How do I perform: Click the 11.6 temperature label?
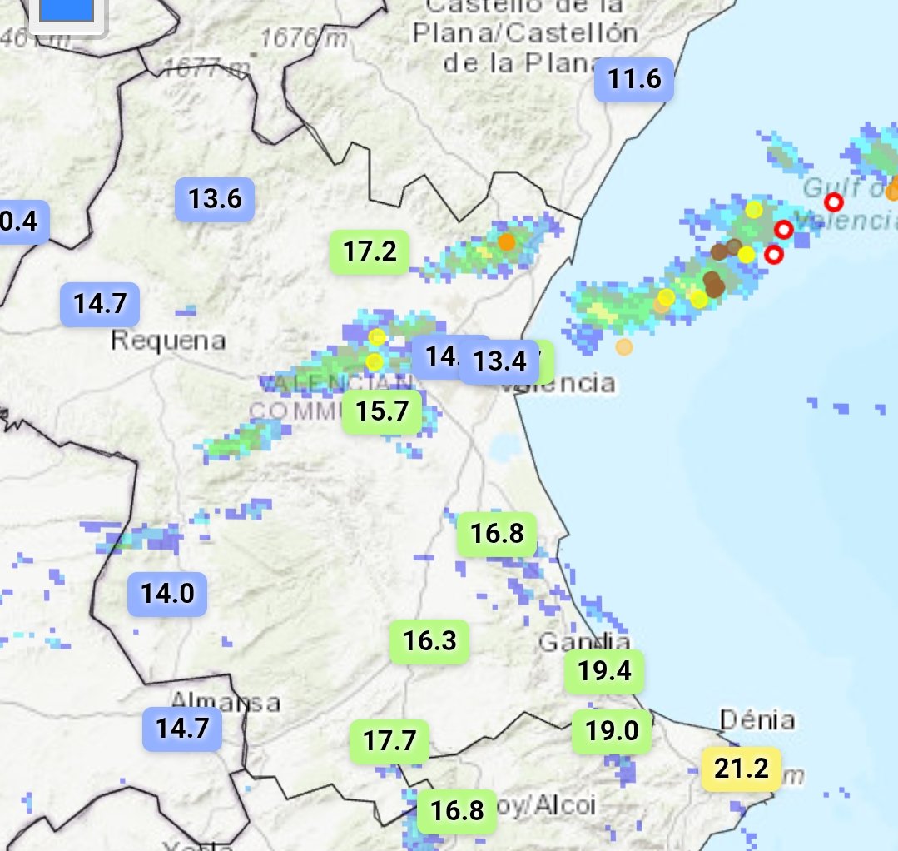click(634, 80)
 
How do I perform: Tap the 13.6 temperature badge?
click(214, 200)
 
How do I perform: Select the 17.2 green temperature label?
click(370, 251)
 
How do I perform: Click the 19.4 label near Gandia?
click(604, 671)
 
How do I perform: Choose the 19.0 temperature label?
click(611, 732)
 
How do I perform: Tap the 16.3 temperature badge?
click(429, 641)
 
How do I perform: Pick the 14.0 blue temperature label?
click(166, 595)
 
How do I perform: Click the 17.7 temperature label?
click(389, 740)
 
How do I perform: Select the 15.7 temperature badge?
click(382, 411)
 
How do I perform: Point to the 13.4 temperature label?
click(499, 361)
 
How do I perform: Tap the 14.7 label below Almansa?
click(181, 729)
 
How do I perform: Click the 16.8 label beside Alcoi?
click(457, 810)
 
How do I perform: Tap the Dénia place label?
click(757, 720)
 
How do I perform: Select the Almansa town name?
click(226, 701)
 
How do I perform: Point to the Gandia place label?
click(584, 642)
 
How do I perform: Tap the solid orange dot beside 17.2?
click(507, 242)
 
